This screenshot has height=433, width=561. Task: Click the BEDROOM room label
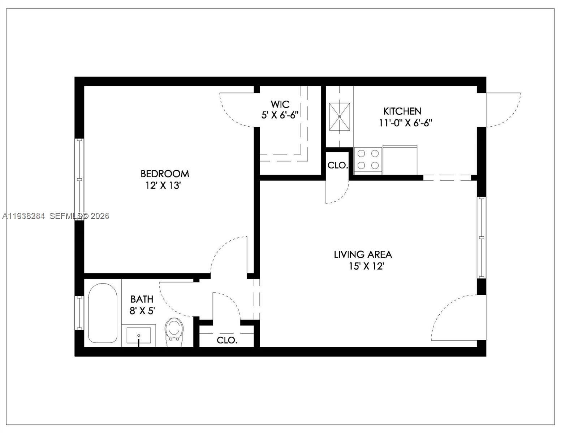165,174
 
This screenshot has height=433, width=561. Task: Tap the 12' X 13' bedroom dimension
163,186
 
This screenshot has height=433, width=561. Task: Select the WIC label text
280,104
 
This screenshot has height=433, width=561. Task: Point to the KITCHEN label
402,111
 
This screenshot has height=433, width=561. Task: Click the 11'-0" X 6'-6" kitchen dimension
405,123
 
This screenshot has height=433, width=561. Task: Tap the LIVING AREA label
363,254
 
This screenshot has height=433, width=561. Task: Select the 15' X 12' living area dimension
366,266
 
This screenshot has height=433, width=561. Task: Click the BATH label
142,299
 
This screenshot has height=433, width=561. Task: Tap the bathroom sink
139,335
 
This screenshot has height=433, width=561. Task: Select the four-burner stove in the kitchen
368,159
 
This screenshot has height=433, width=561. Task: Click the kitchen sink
340,117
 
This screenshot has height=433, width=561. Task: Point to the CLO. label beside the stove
338,166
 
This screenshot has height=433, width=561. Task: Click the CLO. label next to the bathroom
227,340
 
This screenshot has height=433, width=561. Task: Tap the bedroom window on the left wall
79,179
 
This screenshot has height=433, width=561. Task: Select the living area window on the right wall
481,237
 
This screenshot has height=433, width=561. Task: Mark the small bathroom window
79,312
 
